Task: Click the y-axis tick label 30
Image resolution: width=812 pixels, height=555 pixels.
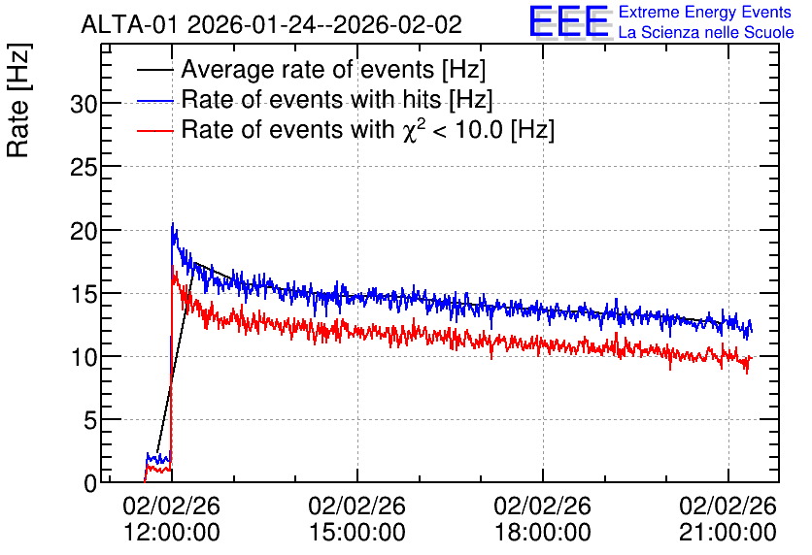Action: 84,105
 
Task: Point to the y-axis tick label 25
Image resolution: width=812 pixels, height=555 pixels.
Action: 84,168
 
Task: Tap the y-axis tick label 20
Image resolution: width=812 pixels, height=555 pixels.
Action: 84,231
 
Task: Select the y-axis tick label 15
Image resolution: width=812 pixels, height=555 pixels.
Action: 84,294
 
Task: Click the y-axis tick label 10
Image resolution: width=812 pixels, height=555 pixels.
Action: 84,357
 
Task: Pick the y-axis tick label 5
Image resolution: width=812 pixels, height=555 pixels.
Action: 90,421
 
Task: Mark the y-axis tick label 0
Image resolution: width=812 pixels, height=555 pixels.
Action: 90,484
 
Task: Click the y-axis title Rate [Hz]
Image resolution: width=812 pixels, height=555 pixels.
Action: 18,100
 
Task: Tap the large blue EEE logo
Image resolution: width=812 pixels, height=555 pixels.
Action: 569,21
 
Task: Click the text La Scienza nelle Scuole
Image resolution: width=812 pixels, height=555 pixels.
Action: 706,32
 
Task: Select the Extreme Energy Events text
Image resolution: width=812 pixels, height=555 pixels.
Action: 705,12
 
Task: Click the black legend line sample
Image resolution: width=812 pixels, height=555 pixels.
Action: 154,70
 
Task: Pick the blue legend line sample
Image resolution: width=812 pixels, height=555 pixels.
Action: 154,100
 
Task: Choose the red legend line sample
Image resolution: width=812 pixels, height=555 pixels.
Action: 154,131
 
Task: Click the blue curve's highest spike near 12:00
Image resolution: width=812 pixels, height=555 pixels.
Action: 173,223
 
